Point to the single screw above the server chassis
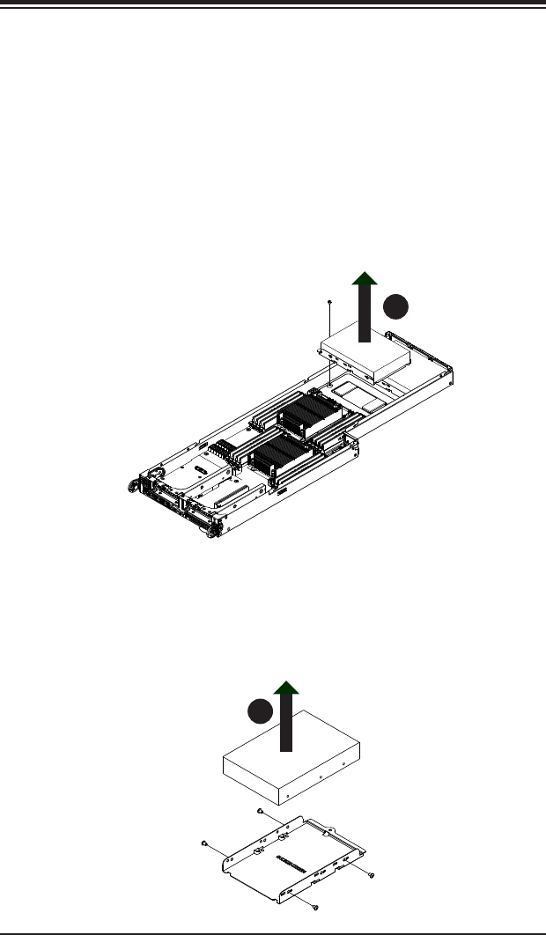(x=328, y=303)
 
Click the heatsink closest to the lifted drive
(x=307, y=418)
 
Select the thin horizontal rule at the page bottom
(x=273, y=929)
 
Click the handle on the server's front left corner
(x=134, y=483)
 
